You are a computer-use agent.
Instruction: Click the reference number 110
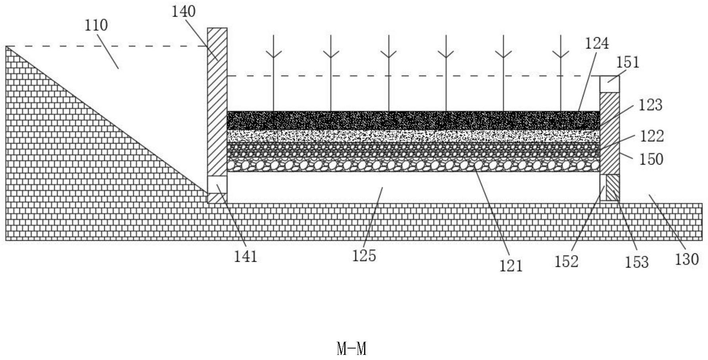click(96, 25)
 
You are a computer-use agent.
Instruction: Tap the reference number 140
click(184, 11)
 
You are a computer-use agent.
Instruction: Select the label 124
click(597, 43)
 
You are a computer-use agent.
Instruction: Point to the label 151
click(628, 62)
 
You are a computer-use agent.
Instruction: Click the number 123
click(650, 105)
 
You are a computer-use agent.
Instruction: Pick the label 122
click(652, 136)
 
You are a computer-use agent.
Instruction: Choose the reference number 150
click(651, 159)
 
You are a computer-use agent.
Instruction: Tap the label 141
click(246, 257)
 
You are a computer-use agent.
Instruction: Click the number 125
click(364, 256)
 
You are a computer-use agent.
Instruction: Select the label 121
click(511, 266)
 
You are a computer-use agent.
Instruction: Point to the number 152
click(566, 262)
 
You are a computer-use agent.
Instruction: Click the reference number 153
click(637, 262)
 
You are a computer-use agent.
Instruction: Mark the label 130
click(687, 259)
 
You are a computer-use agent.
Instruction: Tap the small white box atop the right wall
click(609, 84)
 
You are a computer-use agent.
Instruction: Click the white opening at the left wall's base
click(217, 184)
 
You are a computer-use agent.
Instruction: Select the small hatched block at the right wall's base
click(612, 188)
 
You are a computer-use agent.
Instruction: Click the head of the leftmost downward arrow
click(273, 55)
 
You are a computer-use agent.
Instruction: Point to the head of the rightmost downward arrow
click(561, 55)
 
